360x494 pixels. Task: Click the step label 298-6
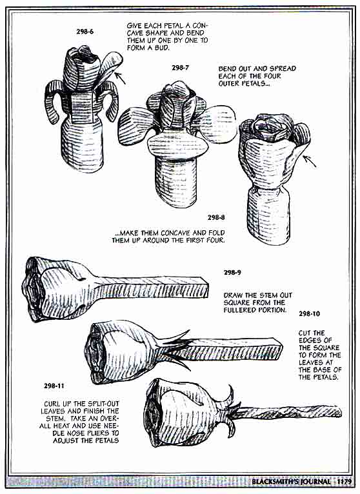click(85, 32)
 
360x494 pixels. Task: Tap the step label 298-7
click(180, 68)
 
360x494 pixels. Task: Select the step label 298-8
click(216, 217)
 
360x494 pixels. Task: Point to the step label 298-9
click(232, 273)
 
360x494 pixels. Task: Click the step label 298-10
click(309, 314)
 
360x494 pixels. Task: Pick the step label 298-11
click(54, 386)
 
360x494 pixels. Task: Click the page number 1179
click(344, 482)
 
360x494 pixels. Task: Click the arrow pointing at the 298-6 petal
click(120, 78)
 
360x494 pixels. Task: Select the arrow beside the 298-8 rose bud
click(310, 161)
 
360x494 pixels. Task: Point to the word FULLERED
click(238, 310)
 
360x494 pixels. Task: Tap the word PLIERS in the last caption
click(99, 433)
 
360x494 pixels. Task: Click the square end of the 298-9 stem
click(205, 288)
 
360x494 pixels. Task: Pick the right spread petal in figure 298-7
click(218, 124)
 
